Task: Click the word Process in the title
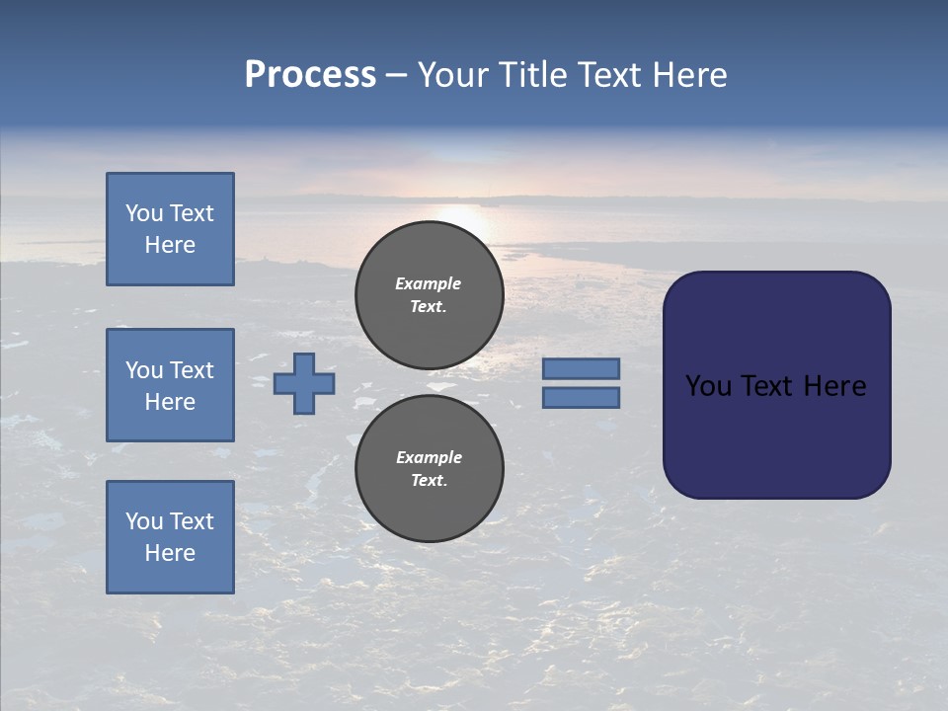tap(310, 75)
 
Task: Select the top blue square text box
tap(170, 229)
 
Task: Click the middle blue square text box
tap(170, 385)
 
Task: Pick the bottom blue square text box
tap(170, 536)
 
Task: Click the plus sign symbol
tap(304, 383)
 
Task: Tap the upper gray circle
tap(430, 294)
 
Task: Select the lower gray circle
tap(430, 468)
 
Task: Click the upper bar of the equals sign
tap(581, 368)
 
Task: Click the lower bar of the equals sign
tap(581, 397)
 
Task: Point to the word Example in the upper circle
tap(429, 283)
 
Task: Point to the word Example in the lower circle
tap(429, 457)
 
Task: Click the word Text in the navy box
tap(768, 386)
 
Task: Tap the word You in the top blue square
tap(143, 213)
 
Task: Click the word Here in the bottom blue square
tap(170, 553)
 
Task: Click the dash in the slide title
tap(396, 75)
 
